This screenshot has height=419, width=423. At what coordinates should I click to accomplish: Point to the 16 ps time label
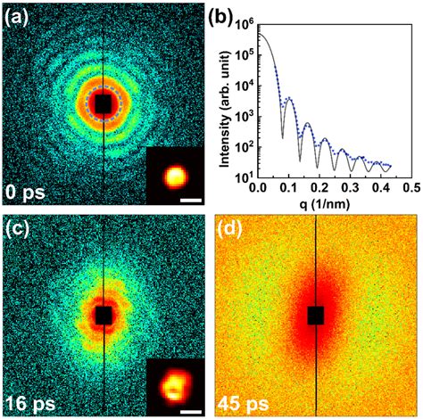pos(29,403)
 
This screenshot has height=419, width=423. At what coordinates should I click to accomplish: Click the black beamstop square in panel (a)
pos(104,104)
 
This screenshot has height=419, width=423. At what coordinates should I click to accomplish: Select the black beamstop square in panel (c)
pos(104,316)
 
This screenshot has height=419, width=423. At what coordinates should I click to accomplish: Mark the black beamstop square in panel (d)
pos(316,316)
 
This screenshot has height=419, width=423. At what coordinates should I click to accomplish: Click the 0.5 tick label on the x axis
pos(410,189)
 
